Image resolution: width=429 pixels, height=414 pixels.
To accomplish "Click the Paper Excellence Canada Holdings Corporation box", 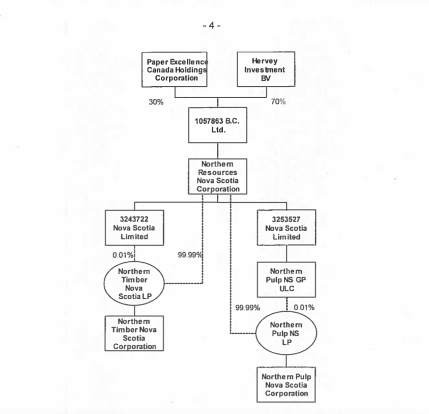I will [176, 70].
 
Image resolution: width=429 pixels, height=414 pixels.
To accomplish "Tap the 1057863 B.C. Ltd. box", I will [218, 125].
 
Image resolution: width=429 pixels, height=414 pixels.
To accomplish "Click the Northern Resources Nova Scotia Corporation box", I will [218, 176].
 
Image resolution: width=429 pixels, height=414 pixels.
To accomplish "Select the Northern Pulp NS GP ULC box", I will [287, 279].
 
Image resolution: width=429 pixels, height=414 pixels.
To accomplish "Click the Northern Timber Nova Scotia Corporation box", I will [135, 334].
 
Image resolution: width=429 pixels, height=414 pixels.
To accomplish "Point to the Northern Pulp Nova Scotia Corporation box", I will [286, 385].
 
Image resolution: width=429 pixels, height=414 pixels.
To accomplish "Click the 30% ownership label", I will [156, 102].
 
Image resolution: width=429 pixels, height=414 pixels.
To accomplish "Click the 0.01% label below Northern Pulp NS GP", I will [304, 307].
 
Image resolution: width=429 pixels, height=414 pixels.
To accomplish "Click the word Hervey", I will [265, 62].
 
